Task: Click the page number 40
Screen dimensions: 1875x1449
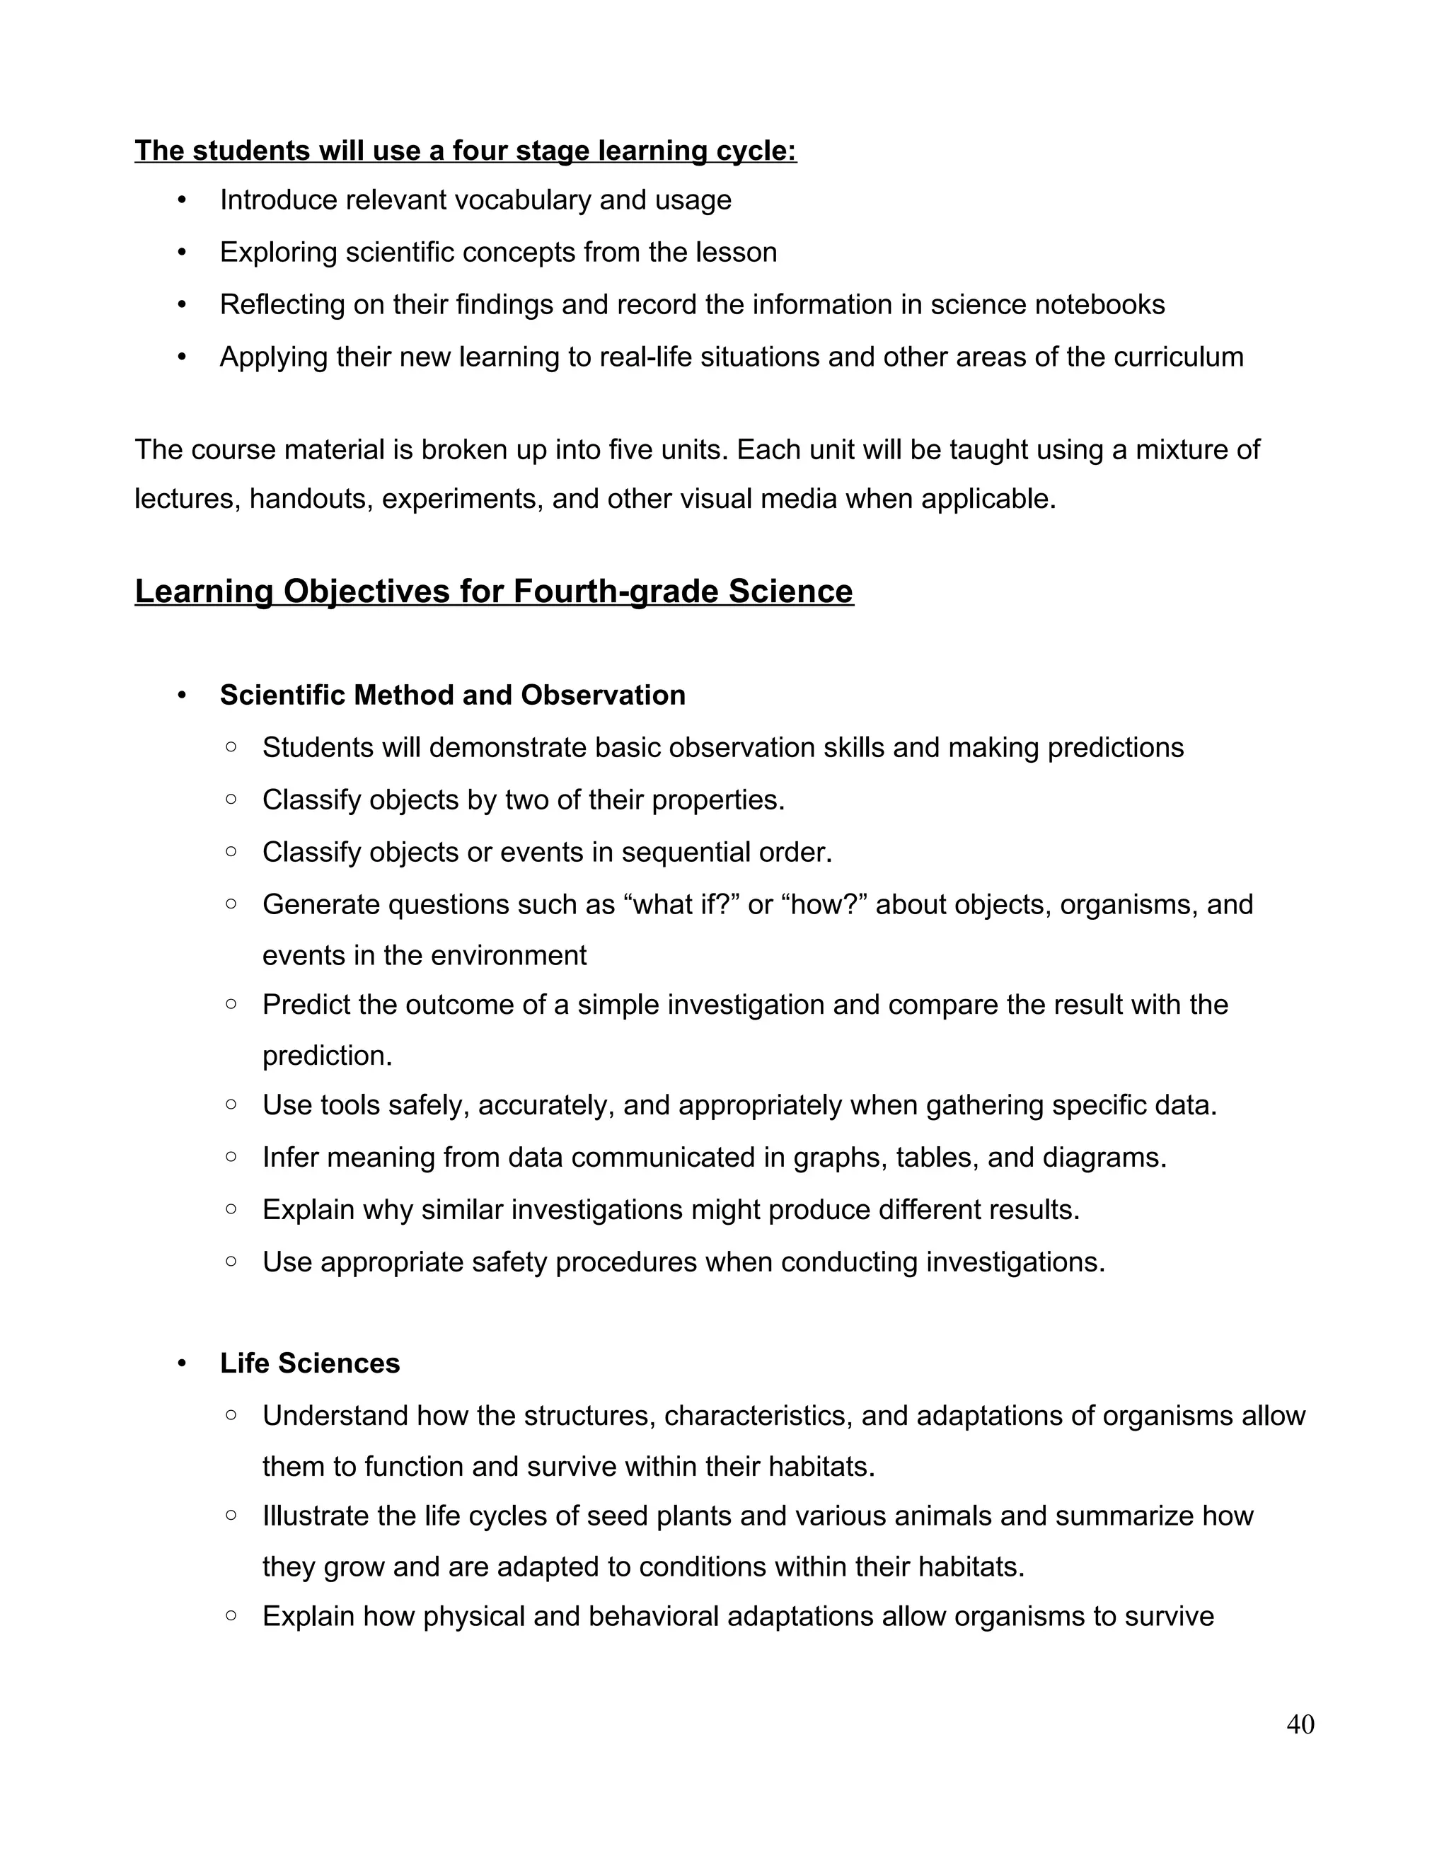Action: coord(1300,1725)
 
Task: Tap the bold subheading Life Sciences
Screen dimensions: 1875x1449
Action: coord(309,1363)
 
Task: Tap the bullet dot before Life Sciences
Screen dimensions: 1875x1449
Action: coord(181,1364)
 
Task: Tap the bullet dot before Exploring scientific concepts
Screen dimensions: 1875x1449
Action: coord(181,253)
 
